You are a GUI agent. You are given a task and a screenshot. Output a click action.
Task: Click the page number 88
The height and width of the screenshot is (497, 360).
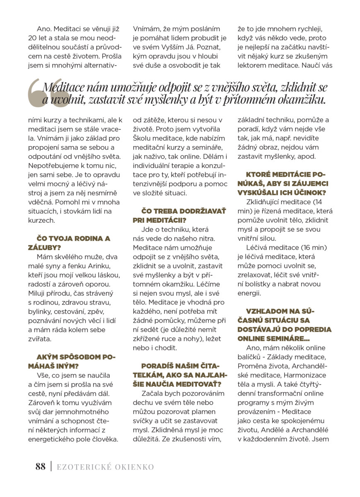click(40, 467)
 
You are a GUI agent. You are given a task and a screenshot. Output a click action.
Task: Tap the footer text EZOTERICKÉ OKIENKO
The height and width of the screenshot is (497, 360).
click(105, 467)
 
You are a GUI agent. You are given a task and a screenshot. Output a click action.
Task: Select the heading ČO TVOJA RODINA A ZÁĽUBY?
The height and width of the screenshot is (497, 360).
click(73, 243)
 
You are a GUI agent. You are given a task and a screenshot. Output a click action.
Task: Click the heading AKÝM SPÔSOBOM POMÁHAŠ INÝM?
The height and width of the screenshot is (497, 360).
click(76, 361)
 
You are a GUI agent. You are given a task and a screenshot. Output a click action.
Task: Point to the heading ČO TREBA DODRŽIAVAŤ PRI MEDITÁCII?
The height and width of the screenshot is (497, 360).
click(179, 215)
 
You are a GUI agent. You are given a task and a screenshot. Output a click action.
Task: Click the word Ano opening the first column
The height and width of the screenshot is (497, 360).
click(44, 29)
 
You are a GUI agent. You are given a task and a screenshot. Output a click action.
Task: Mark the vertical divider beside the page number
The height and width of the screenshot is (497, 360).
click(51, 467)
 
